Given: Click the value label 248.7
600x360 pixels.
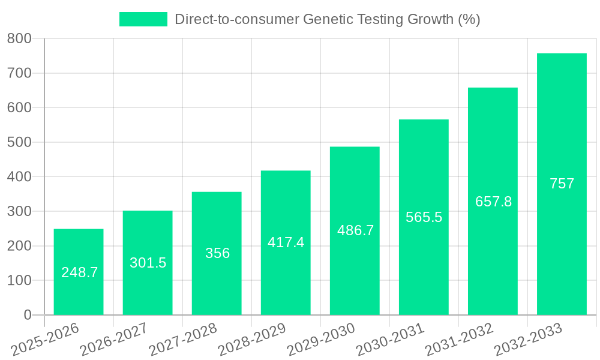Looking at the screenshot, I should tap(79, 272).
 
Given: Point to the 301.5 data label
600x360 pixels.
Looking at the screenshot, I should tap(148, 263).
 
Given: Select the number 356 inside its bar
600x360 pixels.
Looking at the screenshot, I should tap(217, 253).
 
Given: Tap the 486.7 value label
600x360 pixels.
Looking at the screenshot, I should tap(355, 230).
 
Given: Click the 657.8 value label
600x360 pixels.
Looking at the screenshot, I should tap(493, 202).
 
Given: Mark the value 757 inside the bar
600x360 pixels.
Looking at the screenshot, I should tap(562, 184).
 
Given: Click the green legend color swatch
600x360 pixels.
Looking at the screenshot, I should tap(143, 19).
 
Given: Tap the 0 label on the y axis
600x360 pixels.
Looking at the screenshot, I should tap(28, 315).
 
